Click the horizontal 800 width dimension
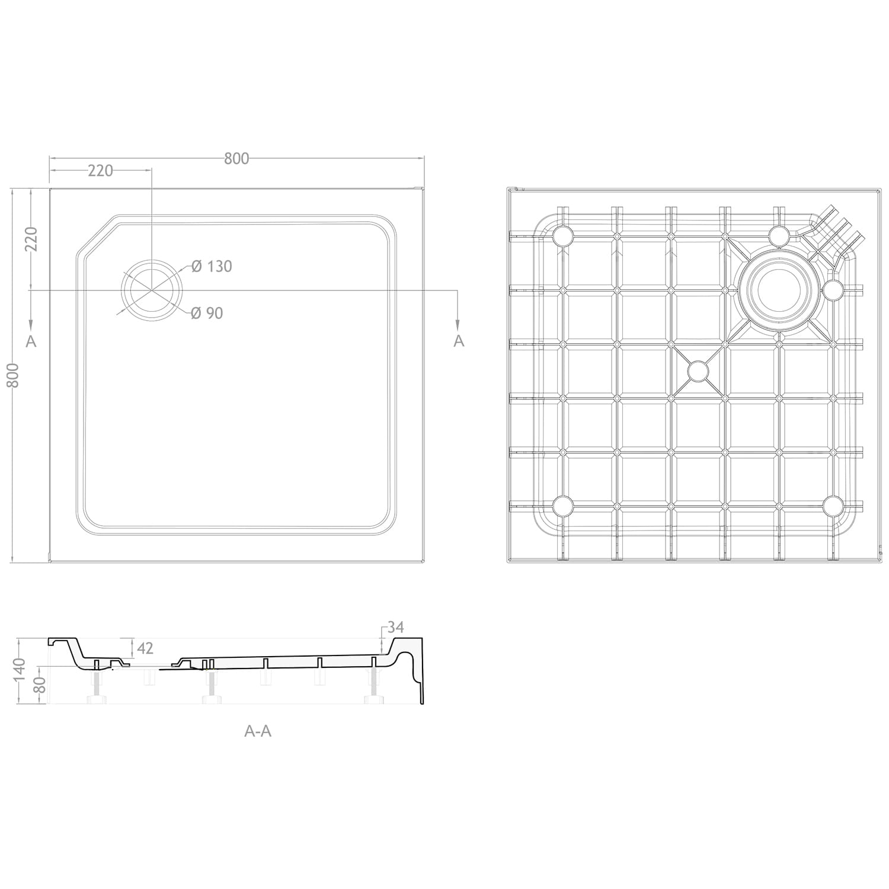236,158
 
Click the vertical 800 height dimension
14,375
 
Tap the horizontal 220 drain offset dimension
100,171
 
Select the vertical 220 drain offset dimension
31,239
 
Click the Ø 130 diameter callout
212,267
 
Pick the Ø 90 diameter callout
207,313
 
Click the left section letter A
31,341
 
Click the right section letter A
459,341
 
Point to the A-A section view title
258,731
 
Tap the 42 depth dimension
145,648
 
